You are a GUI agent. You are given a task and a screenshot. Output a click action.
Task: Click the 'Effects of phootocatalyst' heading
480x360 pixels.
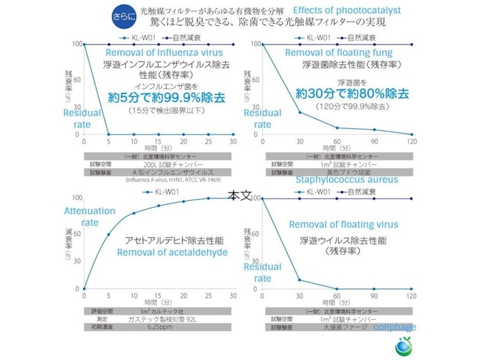click(x=346, y=10)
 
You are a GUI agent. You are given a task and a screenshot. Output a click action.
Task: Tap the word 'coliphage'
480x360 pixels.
click(x=394, y=327)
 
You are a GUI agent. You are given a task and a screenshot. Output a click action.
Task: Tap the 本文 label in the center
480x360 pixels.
click(x=239, y=197)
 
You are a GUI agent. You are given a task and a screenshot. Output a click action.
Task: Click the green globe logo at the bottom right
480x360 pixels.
click(x=404, y=345)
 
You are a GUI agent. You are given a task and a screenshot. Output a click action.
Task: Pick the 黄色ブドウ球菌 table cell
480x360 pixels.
click(x=340, y=171)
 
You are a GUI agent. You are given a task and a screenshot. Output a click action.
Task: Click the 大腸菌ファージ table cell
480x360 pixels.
click(x=340, y=324)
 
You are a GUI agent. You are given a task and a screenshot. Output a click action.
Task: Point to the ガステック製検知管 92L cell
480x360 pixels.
click(x=165, y=317)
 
